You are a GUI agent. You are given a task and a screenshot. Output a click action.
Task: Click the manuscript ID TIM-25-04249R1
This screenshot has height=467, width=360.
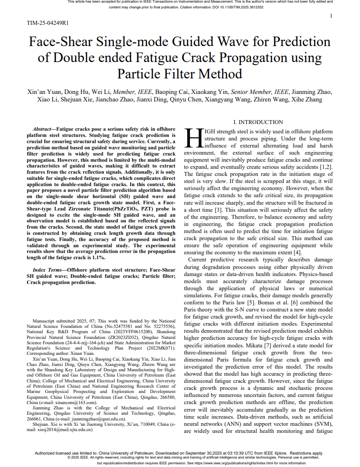click(x=47, y=23)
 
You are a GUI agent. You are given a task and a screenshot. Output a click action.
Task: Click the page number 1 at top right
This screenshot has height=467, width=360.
click(x=331, y=16)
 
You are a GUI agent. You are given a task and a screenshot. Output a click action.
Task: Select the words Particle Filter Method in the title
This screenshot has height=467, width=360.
click(x=180, y=74)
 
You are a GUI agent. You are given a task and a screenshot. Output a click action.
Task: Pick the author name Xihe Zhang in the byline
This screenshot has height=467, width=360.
click(x=307, y=100)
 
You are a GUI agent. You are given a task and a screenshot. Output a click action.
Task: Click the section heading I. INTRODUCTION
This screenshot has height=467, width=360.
click(x=258, y=122)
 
